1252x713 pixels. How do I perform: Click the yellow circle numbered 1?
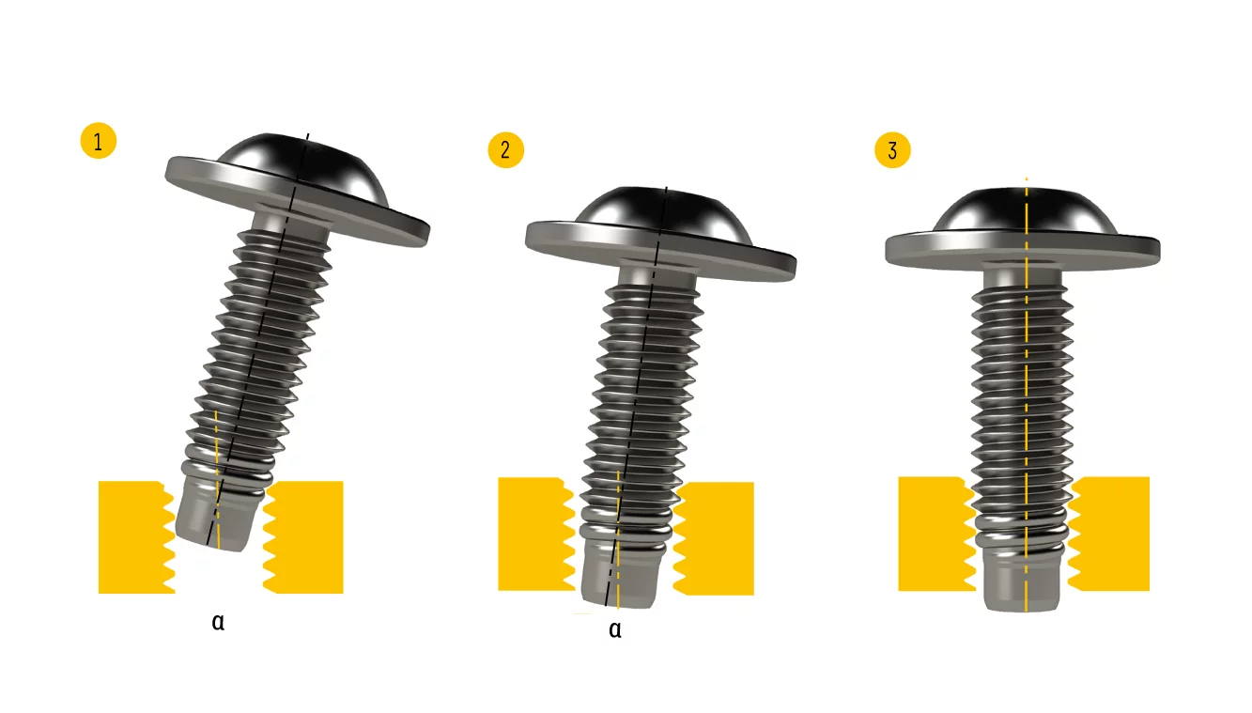point(99,140)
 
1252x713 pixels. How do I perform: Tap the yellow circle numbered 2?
point(506,150)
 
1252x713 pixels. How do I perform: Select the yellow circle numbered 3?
point(892,150)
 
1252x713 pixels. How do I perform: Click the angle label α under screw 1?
point(218,622)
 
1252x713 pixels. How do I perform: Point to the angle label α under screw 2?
point(615,629)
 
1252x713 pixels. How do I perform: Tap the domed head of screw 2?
point(662,215)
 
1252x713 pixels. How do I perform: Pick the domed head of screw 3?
point(1026,211)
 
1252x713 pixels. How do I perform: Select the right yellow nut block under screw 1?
point(303,536)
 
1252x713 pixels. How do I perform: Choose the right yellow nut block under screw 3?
point(1109,534)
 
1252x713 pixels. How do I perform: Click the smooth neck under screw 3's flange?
point(1022,278)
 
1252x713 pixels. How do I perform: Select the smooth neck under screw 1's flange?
point(290,222)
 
